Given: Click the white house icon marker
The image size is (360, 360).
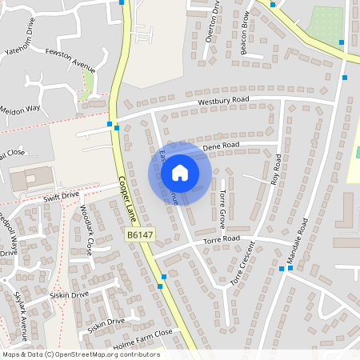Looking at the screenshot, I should pos(180,172).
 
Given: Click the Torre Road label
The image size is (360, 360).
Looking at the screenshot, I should pos(221,239).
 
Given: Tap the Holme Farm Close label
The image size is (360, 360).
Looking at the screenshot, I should pos(142,334).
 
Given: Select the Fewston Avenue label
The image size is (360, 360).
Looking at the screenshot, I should pos(71,59).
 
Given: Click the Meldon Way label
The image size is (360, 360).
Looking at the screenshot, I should pos(20,110).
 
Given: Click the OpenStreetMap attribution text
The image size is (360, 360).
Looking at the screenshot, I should pos(81,354).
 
